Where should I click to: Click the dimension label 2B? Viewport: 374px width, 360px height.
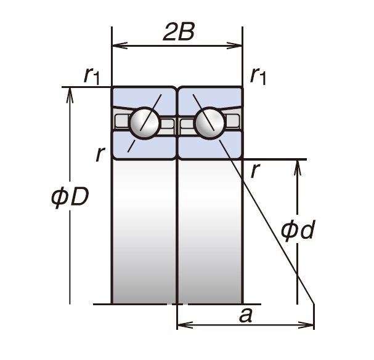[179, 33]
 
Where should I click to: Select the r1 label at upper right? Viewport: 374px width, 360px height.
[258, 74]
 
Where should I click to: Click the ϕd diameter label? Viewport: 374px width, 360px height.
[298, 230]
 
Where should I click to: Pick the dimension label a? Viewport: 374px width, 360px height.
[246, 315]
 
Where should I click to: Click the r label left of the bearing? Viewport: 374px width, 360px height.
[100, 154]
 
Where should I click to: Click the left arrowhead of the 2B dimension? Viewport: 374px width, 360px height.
[116, 45]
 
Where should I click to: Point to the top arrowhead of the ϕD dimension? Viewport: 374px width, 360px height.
[71, 92]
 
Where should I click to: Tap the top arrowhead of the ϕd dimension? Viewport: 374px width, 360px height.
[298, 165]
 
